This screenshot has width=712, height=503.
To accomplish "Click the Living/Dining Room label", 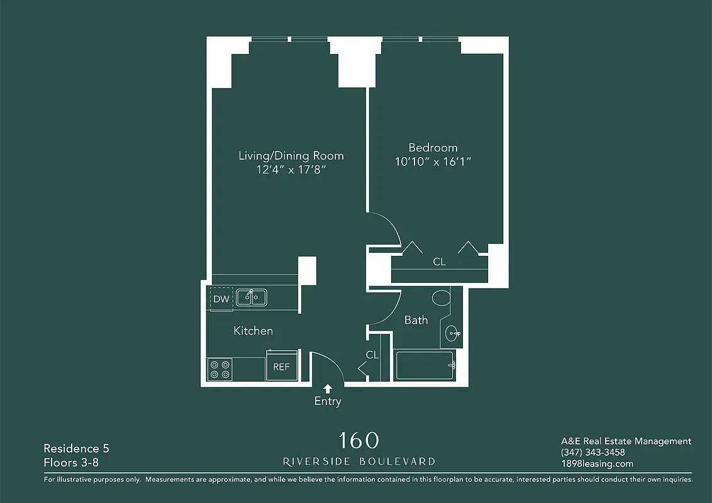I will point(291,155).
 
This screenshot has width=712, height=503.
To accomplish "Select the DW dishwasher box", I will point(221,299).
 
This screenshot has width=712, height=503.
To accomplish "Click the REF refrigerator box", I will point(281,367).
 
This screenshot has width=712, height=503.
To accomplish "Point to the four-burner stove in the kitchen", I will point(220,369).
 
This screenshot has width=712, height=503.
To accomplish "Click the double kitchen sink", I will point(252,297).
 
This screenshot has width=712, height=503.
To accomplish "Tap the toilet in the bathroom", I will point(440,297).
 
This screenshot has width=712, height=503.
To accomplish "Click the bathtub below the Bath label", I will point(425,365).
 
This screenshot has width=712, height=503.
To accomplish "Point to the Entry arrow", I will point(327,389).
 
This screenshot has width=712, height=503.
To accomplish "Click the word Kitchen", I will point(253,331).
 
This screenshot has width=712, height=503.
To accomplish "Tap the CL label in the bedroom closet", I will point(439,262).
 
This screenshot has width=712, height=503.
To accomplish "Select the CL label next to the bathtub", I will point(372,355).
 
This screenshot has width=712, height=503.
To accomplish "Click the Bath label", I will point(416,320).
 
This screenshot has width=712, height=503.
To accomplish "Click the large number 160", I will point(359,439).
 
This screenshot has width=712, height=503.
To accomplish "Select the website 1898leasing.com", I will point(597,464).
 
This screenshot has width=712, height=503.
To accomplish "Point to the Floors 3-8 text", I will point(71,463).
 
